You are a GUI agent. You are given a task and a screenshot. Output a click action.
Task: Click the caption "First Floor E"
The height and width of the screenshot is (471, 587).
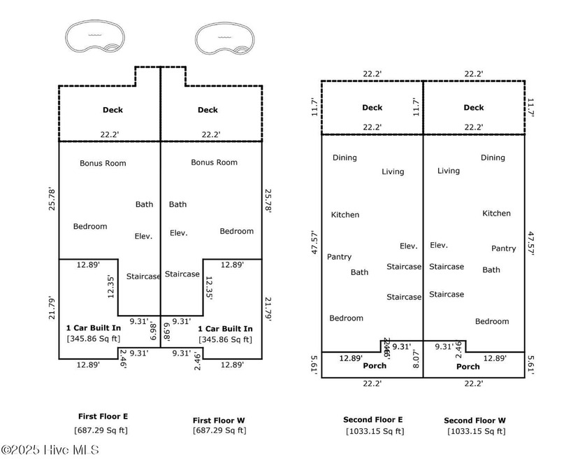103,416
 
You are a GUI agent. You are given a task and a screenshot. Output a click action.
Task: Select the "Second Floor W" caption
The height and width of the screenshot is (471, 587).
475,421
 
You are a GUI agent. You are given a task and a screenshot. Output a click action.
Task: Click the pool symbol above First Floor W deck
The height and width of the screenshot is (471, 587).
224,38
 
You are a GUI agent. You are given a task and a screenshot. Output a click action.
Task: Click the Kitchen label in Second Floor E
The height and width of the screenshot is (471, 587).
345,215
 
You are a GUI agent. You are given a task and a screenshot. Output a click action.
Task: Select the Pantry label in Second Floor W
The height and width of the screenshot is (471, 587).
503,248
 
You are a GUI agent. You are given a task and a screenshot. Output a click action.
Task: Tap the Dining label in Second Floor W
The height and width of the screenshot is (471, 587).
493,157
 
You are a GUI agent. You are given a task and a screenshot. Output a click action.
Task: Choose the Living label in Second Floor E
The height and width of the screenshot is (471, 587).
393,171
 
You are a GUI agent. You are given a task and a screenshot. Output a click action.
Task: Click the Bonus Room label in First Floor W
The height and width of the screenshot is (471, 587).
214,162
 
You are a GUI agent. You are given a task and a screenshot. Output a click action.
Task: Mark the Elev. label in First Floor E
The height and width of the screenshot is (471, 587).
143,237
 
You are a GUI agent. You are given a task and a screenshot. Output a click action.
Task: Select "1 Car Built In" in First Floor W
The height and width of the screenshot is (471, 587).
225,328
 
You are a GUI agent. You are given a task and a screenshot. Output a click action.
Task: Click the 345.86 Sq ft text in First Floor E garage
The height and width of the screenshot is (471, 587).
94,339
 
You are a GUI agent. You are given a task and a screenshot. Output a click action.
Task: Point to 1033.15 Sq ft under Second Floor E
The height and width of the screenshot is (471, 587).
375,431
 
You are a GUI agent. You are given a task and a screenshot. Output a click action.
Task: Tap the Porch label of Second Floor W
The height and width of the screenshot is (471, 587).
468,367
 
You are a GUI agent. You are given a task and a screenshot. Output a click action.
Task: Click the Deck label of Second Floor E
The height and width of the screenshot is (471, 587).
372,108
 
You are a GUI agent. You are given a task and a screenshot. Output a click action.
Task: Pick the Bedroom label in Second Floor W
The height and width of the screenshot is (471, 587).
492,321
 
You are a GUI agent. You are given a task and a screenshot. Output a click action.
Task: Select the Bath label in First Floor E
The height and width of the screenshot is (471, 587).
144,204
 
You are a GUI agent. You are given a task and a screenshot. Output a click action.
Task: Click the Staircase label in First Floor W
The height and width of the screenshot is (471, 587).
182,274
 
